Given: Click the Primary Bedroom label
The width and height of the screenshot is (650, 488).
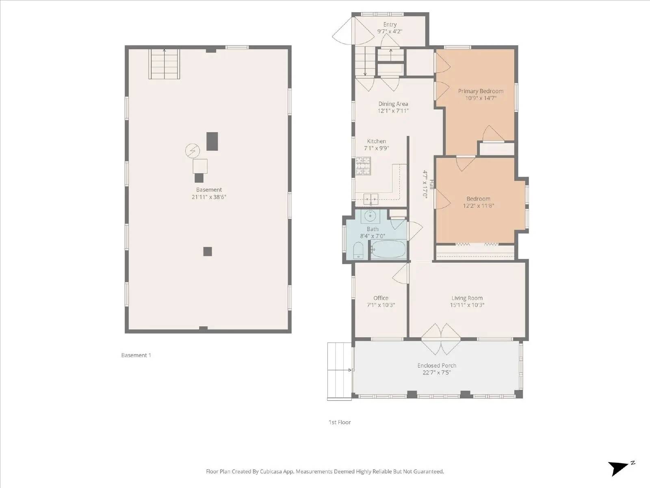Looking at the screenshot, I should tap(481, 91).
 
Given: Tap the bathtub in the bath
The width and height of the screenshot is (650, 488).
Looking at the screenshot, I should tap(388, 249).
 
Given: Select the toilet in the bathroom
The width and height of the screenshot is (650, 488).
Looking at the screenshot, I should tap(358, 250).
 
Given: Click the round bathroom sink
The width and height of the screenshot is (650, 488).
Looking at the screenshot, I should tap(370, 216).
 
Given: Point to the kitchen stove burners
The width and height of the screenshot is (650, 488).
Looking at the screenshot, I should tap(363, 166).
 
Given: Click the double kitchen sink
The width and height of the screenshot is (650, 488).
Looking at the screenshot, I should tap(370, 199).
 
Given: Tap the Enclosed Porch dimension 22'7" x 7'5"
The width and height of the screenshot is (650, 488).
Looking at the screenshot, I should tap(437, 373).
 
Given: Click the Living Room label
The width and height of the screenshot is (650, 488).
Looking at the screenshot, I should tap(467, 298).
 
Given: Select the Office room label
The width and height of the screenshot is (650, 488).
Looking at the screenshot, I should tap(381, 298).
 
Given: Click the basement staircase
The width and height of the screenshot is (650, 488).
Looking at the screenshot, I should tap(164, 64).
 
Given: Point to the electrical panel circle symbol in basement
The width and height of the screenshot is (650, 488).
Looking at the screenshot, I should tap(193, 151).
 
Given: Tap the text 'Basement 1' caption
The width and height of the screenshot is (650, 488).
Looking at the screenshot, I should tap(136, 355).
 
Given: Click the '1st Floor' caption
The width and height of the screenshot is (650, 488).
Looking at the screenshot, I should tap(340, 422).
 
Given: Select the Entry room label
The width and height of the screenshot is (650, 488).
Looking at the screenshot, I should tap(390, 24).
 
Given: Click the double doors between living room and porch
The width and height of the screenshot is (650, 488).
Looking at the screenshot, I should tap(441, 338).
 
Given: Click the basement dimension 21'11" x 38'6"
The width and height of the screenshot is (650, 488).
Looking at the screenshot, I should tap(209, 197).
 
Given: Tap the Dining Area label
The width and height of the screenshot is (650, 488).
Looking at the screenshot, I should tap(393, 104).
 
